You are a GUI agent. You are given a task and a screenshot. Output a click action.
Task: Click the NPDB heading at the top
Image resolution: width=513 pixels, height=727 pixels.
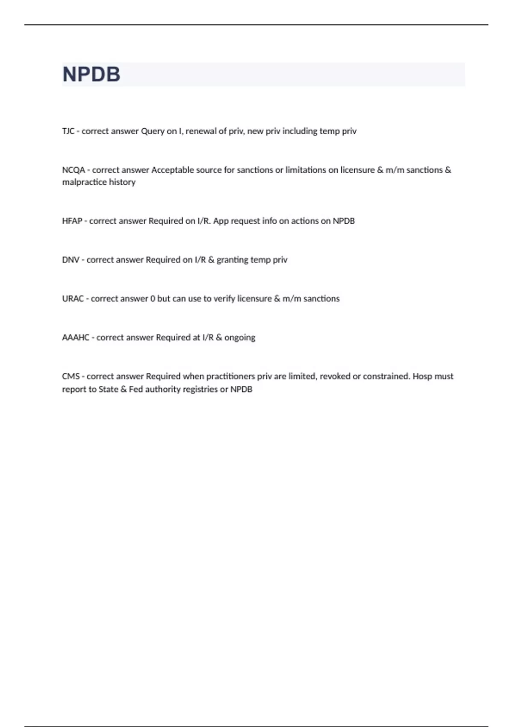click(91, 74)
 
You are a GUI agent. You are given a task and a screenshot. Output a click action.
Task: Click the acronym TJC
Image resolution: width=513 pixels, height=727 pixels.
click(68, 131)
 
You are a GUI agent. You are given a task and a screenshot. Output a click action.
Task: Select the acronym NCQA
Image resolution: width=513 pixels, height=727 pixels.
click(74, 170)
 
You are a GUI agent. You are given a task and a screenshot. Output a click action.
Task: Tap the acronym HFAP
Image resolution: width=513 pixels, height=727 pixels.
click(72, 221)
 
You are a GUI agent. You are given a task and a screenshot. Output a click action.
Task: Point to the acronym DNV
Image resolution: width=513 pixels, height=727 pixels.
click(71, 260)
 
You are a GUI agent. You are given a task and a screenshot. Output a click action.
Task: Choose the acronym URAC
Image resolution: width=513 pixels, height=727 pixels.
click(73, 299)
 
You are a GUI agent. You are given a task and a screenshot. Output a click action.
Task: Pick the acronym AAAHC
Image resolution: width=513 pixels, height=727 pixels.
click(76, 338)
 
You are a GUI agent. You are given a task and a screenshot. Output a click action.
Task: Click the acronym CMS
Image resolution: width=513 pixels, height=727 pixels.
click(71, 377)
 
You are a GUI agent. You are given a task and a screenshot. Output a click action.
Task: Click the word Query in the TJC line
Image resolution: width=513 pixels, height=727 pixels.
click(153, 131)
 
